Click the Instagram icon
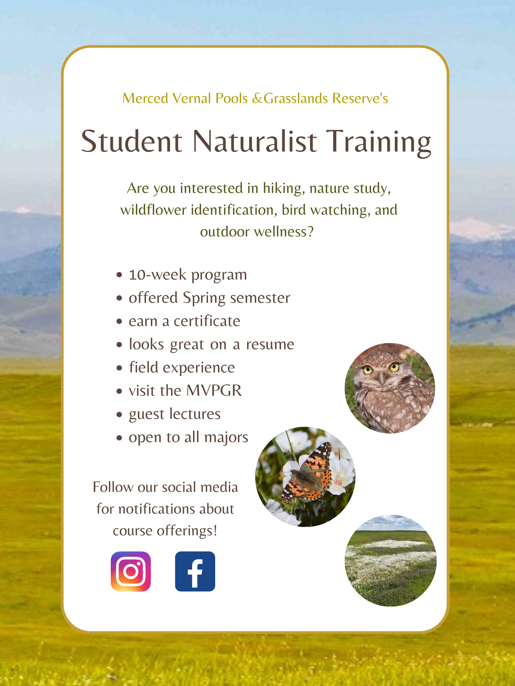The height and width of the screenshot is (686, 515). click(x=131, y=571)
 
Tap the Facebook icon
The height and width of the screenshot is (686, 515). click(x=195, y=571)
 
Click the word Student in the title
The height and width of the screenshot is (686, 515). click(x=132, y=141)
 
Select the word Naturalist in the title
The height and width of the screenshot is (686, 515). click(x=255, y=141)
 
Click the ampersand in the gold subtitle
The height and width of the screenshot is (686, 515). click(x=257, y=98)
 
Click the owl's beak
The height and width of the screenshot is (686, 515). click(x=382, y=378)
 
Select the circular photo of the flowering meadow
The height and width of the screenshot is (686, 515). click(x=390, y=560)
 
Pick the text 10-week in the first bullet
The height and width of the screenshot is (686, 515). click(x=158, y=275)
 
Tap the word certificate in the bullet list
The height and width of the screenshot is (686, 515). click(x=207, y=321)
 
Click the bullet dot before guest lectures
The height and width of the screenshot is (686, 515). click(x=119, y=415)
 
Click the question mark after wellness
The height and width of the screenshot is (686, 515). click(x=311, y=231)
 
